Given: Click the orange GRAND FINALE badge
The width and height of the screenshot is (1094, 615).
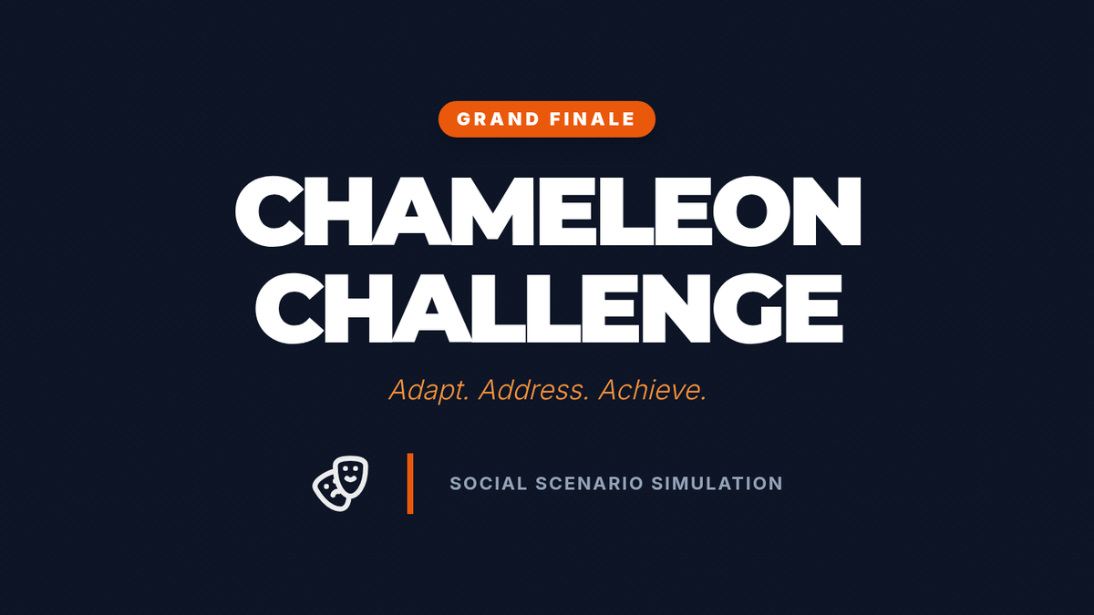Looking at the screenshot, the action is tap(546, 119).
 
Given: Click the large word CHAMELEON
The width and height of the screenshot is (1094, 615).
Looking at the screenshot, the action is tap(548, 211).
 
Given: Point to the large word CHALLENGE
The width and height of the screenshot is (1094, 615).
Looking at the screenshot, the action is tap(549, 309).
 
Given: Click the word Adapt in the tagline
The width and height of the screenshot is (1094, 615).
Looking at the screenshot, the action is tap(428, 391).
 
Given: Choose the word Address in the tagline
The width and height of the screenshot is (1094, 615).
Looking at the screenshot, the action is tap(534, 390).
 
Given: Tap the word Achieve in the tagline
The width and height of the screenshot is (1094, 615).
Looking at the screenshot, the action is tap(653, 390).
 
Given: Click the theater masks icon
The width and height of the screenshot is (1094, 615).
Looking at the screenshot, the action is tap(340, 483).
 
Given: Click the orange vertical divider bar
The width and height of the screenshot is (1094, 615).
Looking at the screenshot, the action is tap(410, 483).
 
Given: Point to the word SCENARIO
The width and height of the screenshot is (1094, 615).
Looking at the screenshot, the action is tap(590, 484).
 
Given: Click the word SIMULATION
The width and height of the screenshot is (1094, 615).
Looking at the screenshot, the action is tap(717, 484).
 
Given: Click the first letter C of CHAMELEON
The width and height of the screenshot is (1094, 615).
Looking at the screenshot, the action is tap(269, 211).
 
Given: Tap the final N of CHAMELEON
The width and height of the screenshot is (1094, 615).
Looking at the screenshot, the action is tap(826, 211).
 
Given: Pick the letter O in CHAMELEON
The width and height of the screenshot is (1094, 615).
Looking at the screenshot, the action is tap(750, 211).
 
